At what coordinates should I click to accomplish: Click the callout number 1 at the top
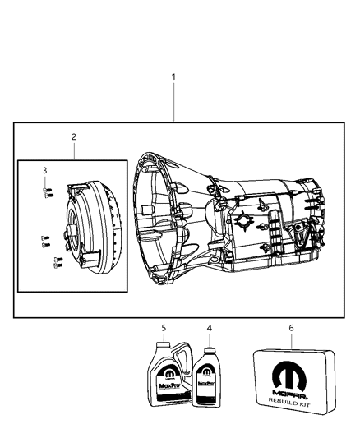(x=173, y=76)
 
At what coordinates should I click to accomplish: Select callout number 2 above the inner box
(x=73, y=136)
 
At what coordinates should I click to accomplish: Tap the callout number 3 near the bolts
(x=45, y=170)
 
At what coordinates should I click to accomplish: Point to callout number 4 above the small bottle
(x=209, y=328)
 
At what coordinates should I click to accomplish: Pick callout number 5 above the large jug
(x=164, y=328)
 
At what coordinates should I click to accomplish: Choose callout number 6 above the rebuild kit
(x=290, y=328)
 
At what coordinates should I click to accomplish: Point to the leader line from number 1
(x=173, y=103)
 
